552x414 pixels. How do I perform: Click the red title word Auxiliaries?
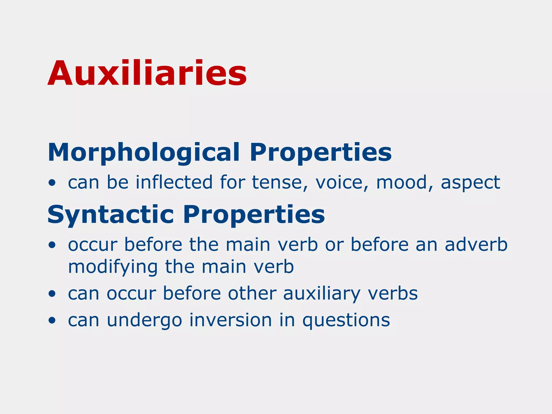pyautogui.click(x=147, y=73)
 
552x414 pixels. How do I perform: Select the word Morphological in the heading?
pyautogui.click(x=143, y=153)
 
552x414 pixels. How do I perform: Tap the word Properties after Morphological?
pyautogui.click(x=320, y=153)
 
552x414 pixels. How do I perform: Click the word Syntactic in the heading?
pyautogui.click(x=111, y=215)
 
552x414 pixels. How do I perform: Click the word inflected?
pyautogui.click(x=174, y=182)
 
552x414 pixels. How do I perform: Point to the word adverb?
pyautogui.click(x=476, y=244)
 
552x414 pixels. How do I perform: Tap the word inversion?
pyautogui.click(x=231, y=320)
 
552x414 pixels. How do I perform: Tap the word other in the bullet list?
pyautogui.click(x=252, y=293)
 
